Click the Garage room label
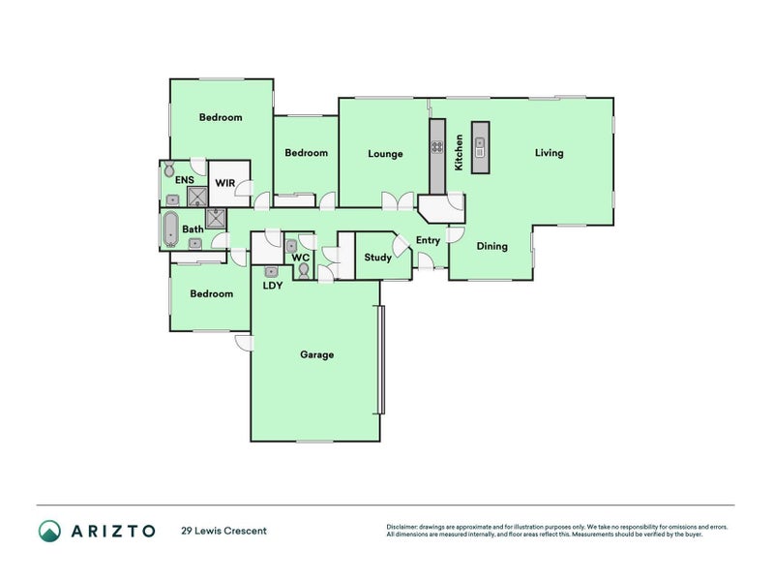(316, 354)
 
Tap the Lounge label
(385, 153)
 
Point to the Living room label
(550, 153)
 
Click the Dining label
(491, 246)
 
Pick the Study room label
(377, 258)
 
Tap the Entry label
(428, 240)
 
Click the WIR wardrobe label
(224, 182)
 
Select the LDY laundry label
(272, 287)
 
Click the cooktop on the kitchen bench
(437, 148)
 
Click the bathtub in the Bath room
(171, 230)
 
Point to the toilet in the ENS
(169, 168)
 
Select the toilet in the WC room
(303, 274)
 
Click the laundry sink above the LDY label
(272, 272)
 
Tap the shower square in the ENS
(197, 198)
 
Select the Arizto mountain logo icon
(49, 531)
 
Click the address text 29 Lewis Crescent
(223, 531)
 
